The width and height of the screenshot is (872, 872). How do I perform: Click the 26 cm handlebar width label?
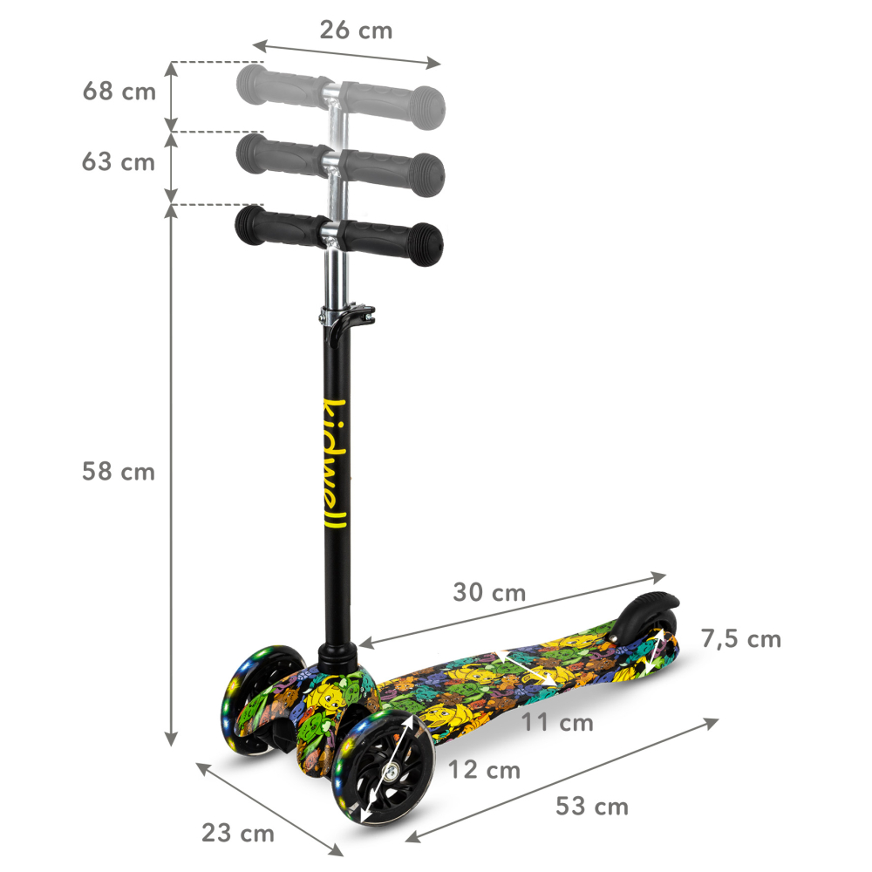(x=355, y=31)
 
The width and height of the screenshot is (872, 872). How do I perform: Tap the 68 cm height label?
(x=119, y=92)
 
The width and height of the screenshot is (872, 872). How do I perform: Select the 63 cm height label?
(x=119, y=162)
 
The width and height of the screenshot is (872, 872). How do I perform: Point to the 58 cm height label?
(x=119, y=472)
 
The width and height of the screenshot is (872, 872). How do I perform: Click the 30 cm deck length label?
(x=489, y=593)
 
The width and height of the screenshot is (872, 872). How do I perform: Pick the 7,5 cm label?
(x=740, y=639)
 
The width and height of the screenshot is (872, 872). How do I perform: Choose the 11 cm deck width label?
(x=557, y=722)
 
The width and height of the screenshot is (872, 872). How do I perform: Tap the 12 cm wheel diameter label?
(x=484, y=770)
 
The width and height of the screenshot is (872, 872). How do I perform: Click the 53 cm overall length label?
(x=592, y=807)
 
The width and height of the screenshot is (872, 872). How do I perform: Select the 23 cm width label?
(x=238, y=833)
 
